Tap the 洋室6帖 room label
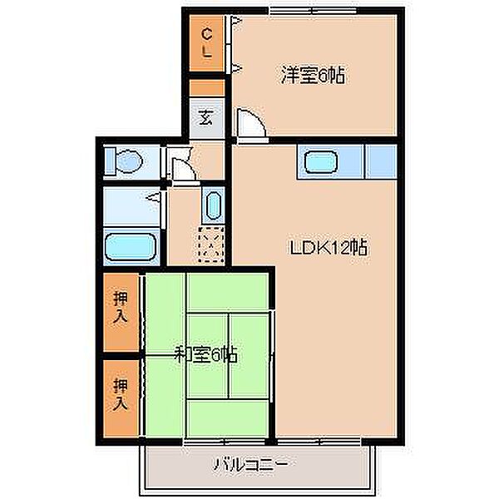(x=313, y=76)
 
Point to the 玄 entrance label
(x=206, y=116)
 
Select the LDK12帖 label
(x=329, y=247)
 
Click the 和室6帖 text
(x=207, y=355)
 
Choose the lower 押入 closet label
(x=121, y=394)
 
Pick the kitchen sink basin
(x=319, y=161)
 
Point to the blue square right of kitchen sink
(x=380, y=161)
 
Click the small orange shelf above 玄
(x=206, y=86)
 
